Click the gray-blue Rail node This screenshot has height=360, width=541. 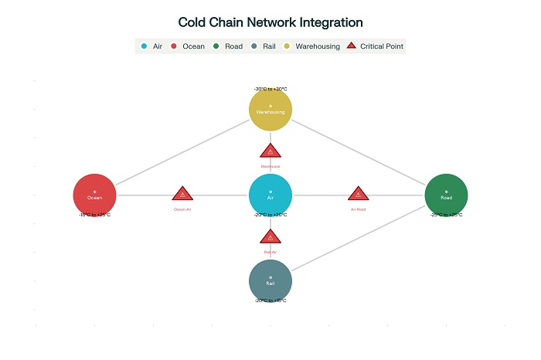click(270, 280)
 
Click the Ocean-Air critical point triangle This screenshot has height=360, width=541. click(182, 194)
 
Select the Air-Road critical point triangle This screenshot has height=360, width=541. click(358, 194)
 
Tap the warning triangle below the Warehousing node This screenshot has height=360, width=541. click(270, 151)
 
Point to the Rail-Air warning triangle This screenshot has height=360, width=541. click(270, 237)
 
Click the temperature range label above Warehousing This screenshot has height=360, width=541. click(270, 89)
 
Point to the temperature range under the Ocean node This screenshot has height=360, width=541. click(94, 215)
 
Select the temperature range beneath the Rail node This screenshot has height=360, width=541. click(270, 300)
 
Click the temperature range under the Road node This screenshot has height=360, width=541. click(446, 215)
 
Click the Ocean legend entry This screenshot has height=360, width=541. click(188, 46)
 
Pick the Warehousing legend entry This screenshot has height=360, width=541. click(313, 46)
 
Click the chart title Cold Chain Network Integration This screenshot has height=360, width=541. click(270, 22)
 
